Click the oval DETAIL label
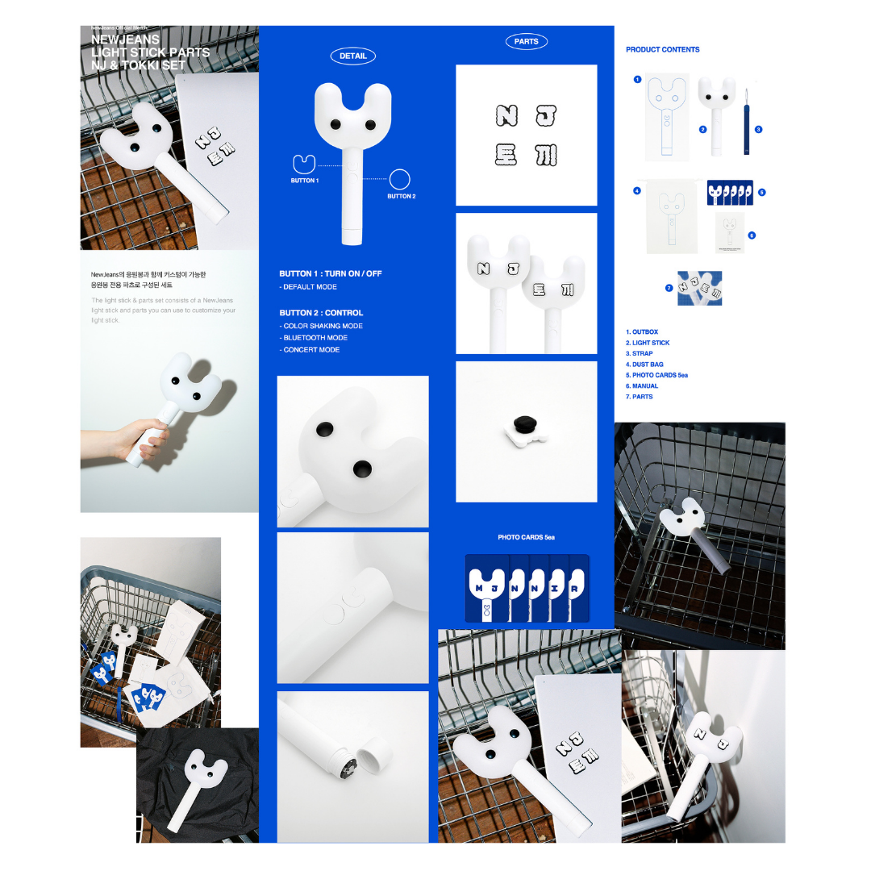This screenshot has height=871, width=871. click(352, 56)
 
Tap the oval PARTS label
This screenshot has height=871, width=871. click(526, 42)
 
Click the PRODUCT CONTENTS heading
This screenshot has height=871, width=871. click(662, 50)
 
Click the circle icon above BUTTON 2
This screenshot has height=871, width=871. click(400, 179)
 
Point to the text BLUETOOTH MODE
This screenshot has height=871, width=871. click(315, 338)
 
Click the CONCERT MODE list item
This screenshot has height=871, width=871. click(310, 350)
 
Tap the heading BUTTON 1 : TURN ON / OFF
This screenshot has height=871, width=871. click(331, 274)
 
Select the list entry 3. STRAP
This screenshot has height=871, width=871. click(640, 354)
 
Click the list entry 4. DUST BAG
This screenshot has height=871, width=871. click(644, 365)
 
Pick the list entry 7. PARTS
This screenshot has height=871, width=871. click(640, 397)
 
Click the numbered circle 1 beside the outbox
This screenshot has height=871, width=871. click(637, 80)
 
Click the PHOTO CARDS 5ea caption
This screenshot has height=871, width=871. click(526, 537)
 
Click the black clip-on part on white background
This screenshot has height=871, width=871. click(526, 429)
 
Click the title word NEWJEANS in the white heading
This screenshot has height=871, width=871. click(125, 39)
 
